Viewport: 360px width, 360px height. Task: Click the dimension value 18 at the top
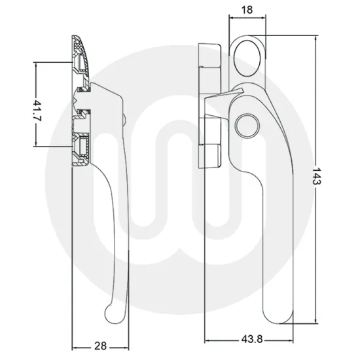(x=248, y=11)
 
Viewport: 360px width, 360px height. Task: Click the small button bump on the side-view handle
(x=125, y=119)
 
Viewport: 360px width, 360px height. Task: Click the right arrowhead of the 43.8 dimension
(x=291, y=341)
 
